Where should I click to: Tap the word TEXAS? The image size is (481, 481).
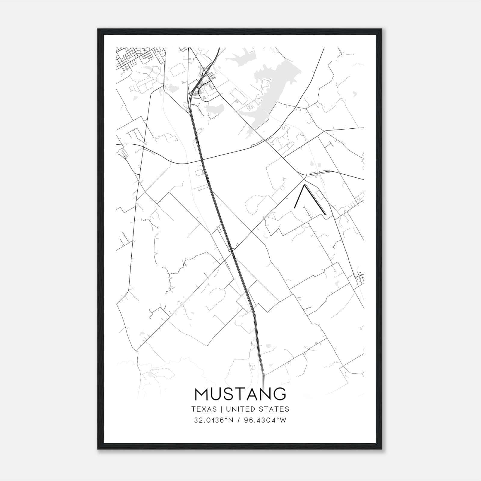coord(204,409)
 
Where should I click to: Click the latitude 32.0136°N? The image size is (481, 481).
coord(214,420)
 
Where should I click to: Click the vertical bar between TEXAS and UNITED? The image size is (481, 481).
coord(221,409)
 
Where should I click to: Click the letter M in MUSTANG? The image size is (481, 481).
coord(201,394)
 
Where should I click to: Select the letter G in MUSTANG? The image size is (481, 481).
coord(279,394)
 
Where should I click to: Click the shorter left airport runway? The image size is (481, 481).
coord(299,196)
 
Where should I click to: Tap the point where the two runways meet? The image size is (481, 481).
coord(305,185)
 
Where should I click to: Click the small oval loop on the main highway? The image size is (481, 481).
coord(231,249)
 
